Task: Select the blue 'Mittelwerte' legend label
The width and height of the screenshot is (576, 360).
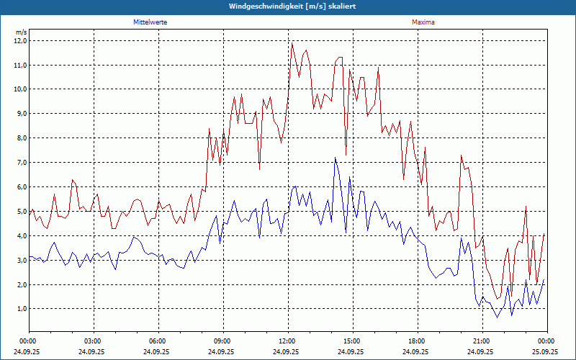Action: point(150,22)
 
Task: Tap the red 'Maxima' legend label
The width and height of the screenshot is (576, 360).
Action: point(423,22)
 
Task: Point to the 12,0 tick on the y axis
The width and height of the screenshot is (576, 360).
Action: point(19,41)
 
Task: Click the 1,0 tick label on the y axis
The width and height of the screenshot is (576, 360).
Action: point(19,309)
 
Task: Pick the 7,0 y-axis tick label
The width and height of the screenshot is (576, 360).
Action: point(19,163)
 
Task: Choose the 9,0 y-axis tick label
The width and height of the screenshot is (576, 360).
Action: point(19,114)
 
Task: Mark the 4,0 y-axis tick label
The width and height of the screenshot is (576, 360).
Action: point(19,236)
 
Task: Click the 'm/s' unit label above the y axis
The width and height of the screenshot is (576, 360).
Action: point(21,32)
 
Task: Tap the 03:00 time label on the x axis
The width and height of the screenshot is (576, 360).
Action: point(93,341)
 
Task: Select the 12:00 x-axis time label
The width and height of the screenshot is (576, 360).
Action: point(287,341)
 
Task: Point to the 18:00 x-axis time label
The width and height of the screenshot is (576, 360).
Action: point(417,341)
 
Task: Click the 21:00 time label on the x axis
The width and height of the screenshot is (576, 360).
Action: point(482,341)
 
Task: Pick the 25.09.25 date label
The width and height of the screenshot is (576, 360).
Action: point(545,352)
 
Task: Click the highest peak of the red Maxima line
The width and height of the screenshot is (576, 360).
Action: point(292,43)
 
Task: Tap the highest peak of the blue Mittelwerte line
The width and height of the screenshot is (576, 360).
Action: point(335,158)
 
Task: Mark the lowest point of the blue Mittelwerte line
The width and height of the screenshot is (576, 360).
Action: point(497,318)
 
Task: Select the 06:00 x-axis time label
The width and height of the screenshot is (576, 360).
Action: point(158,341)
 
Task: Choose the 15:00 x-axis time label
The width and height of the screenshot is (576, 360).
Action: point(352,341)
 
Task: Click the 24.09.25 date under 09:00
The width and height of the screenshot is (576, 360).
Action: point(222,352)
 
